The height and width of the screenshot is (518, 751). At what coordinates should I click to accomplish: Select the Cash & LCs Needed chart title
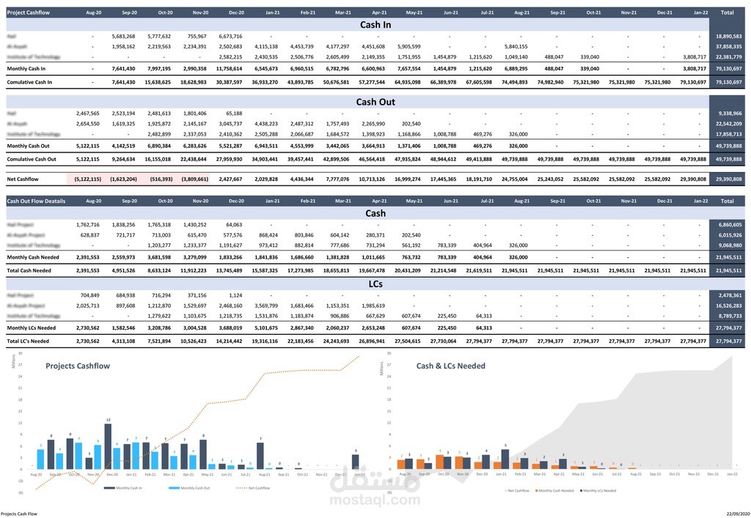[x=450, y=365]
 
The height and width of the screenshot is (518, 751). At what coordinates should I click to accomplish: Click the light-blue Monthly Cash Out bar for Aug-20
[x=40, y=459]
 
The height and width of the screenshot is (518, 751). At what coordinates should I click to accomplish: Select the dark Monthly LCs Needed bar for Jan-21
[x=505, y=459]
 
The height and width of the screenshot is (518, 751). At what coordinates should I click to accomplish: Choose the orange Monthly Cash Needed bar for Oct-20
[x=439, y=461]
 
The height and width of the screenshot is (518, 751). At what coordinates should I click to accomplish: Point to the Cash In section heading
[x=375, y=25]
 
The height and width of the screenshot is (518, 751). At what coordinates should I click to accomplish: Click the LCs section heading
[x=375, y=282]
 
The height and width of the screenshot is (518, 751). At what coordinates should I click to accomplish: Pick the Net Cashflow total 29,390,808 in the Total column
[x=727, y=178]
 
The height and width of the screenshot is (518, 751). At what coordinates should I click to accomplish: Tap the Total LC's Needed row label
[x=29, y=341]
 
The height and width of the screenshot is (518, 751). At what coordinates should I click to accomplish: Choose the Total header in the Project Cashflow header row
[x=727, y=12]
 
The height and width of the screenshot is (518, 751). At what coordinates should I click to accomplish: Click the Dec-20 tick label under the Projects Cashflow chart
[x=112, y=474]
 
